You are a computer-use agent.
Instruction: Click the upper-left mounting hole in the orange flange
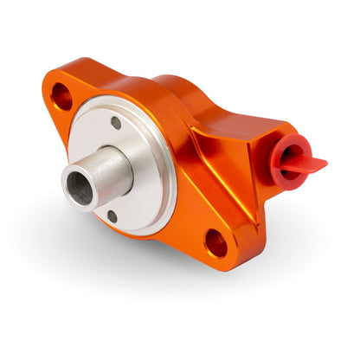click(x=61, y=96)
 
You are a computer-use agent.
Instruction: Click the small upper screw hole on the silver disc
click(x=116, y=123)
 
